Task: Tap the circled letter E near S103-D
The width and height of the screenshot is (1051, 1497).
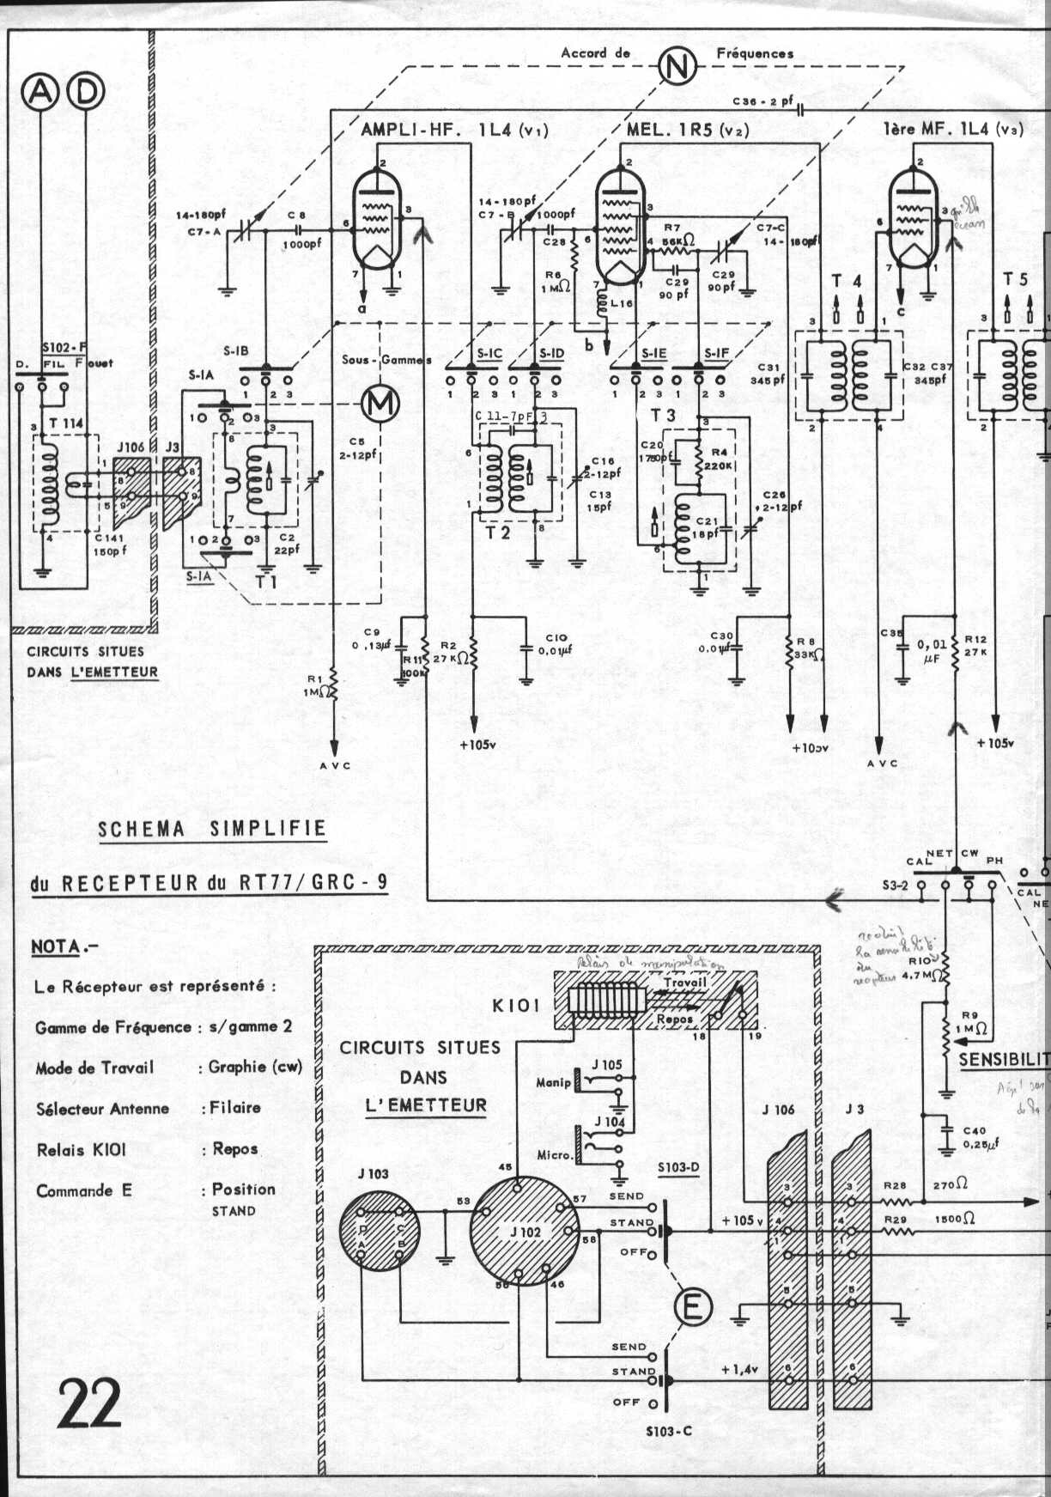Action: click(x=692, y=1307)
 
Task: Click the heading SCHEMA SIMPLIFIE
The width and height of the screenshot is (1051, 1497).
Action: click(x=212, y=829)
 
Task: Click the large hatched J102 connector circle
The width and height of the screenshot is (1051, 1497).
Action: click(x=525, y=1232)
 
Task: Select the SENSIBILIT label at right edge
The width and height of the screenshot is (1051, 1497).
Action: click(x=1003, y=1059)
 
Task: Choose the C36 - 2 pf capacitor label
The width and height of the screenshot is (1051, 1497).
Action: click(x=762, y=101)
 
